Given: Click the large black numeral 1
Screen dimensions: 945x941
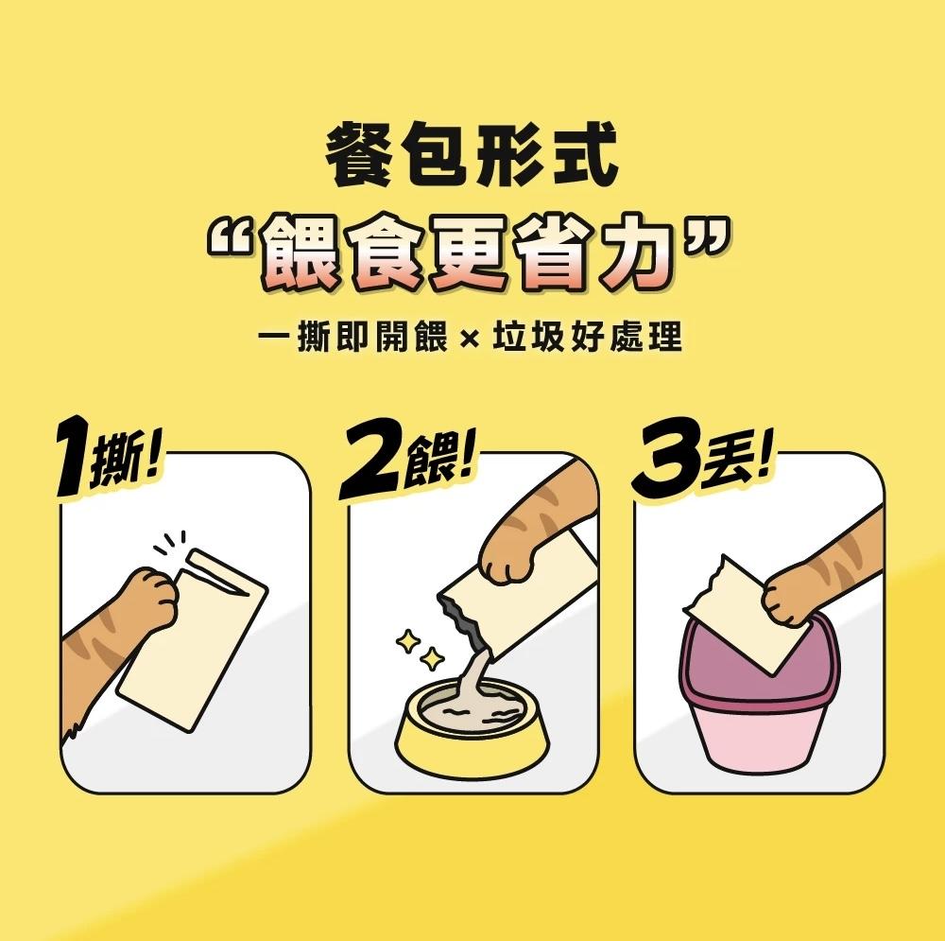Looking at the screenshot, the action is click(74, 456).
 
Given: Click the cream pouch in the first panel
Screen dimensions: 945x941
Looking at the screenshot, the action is click(193, 639).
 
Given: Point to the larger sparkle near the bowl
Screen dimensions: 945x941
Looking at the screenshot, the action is click(408, 641).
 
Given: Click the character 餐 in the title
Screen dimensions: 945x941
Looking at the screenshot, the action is click(360, 154).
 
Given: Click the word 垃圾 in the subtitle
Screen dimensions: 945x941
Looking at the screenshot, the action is click(528, 337).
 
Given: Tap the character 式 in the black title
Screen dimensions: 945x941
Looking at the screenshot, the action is click(586, 154).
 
